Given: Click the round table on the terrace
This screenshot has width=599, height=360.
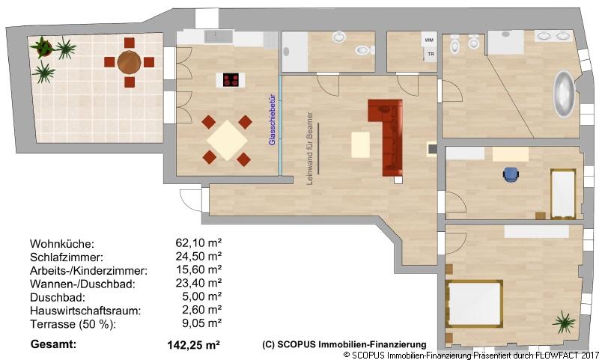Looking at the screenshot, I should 130,61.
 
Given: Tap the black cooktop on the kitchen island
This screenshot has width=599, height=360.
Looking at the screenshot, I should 230,79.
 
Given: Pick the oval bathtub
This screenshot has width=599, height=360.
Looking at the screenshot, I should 564,94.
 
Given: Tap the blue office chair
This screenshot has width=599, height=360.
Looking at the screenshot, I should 511,174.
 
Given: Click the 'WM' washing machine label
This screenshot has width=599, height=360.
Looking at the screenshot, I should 429,39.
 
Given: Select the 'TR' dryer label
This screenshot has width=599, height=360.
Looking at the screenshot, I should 430,54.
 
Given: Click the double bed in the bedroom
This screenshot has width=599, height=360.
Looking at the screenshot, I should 474,303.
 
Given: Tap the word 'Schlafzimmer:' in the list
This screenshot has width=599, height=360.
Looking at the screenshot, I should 62,257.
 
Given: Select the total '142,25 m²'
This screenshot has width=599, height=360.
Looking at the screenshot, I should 192,345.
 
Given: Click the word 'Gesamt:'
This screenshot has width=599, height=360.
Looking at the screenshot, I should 53,344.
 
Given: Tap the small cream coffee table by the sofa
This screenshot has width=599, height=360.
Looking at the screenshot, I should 361,144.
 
